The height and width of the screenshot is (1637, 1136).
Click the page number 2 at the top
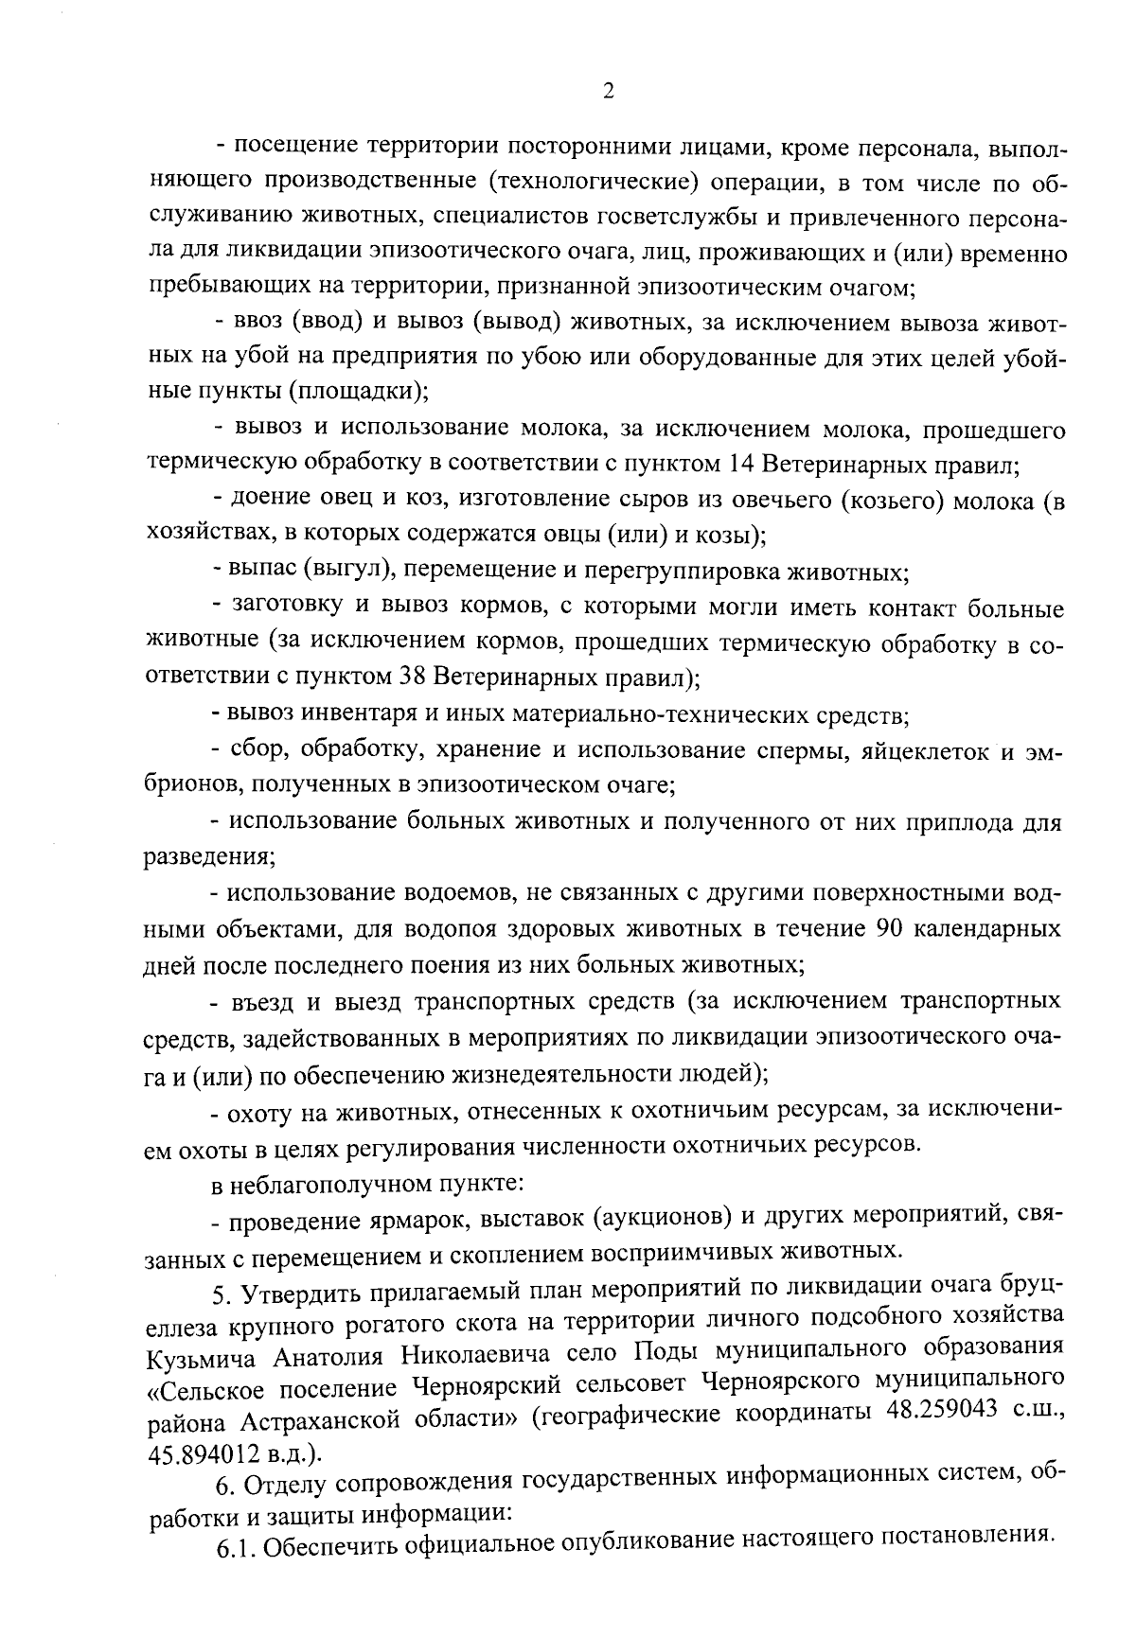(608, 91)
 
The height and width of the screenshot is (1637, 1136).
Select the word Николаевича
(476, 1357)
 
